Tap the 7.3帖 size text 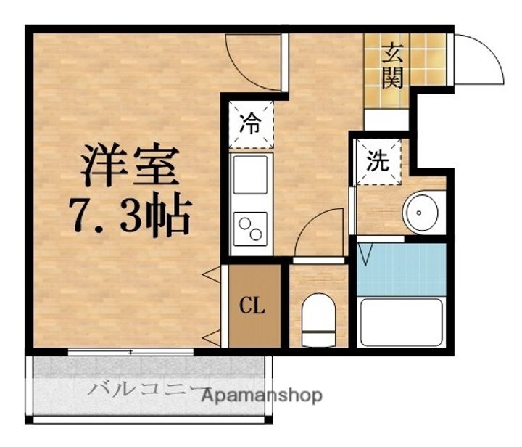[x=130, y=215]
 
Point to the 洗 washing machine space [x=377, y=161]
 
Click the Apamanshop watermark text [x=262, y=396]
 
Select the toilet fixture [x=317, y=320]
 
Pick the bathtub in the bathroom [x=402, y=321]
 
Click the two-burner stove [x=249, y=228]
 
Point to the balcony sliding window [x=130, y=352]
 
